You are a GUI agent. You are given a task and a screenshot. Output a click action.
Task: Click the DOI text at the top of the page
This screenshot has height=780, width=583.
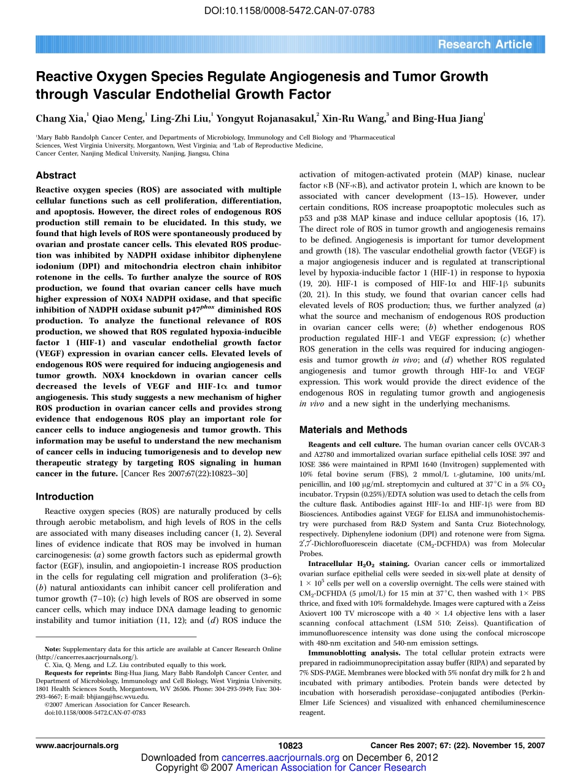pos(290,11)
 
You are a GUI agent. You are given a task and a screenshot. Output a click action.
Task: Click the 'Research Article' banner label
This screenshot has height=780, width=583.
pos(485,44)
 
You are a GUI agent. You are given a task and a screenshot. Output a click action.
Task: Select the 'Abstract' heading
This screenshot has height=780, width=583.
pos(56,175)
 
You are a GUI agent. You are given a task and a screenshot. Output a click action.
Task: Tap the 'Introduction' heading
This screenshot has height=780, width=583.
pos(64,496)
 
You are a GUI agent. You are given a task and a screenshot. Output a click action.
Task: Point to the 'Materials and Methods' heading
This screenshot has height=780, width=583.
pos(353,430)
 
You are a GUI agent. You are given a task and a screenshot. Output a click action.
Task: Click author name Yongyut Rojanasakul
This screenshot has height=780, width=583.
pos(265,119)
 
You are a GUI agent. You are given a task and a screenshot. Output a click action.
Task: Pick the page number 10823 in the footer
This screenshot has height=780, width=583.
pos(290,746)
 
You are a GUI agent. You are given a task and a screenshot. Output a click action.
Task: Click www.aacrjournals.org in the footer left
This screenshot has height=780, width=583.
pos(77,746)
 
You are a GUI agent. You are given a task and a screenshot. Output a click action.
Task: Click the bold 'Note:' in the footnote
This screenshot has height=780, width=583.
pos(53,649)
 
